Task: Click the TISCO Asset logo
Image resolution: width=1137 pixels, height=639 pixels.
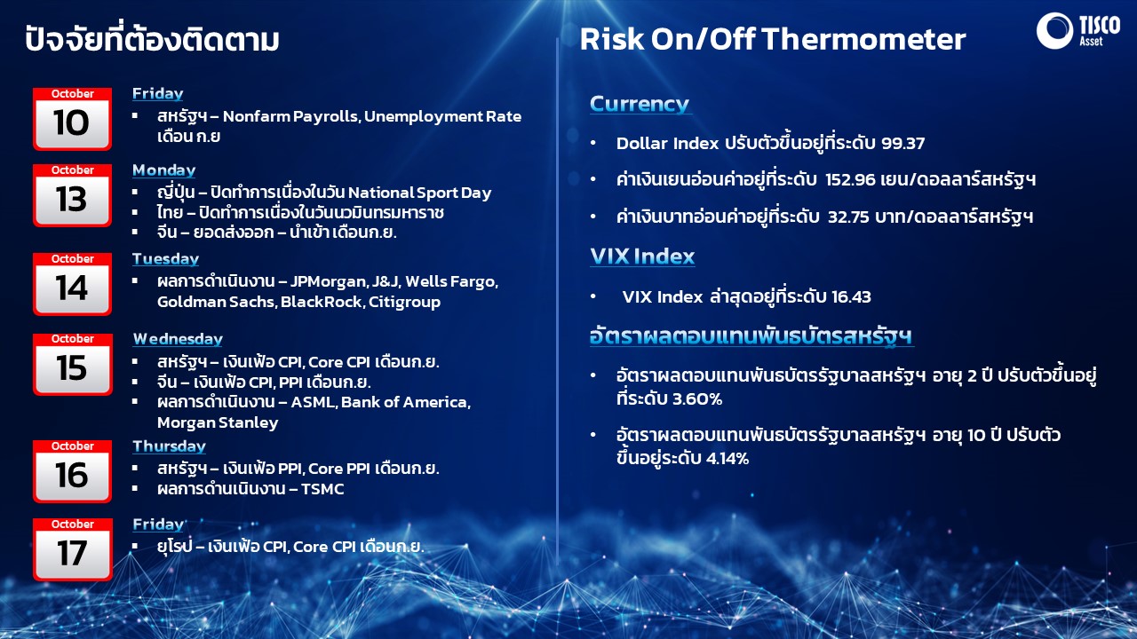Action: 1078,31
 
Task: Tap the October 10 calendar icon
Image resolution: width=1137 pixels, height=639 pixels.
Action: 72,119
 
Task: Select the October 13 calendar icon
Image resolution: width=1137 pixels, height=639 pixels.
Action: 72,195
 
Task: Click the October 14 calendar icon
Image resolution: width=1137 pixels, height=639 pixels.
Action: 72,284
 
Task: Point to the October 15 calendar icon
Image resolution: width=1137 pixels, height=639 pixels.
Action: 72,364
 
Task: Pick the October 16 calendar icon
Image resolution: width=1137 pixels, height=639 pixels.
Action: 72,471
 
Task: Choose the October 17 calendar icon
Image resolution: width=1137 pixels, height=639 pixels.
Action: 72,549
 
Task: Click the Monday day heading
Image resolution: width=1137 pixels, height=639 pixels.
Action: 164,170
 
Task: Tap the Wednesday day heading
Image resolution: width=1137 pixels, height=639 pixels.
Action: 178,339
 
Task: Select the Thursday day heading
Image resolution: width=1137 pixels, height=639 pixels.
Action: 169,446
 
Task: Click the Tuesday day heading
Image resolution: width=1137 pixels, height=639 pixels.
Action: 165,259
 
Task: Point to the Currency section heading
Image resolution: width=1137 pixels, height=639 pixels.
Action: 640,105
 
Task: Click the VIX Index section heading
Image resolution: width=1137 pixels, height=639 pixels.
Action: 642,256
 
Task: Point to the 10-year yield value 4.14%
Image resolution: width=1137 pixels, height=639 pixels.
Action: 728,459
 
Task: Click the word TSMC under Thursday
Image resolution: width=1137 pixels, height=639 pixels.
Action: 322,489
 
